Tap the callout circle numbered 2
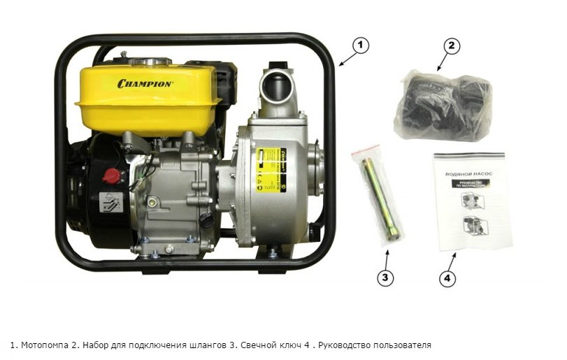tap(452, 47)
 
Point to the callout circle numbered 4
tap(447, 278)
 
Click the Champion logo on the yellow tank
tap(145, 83)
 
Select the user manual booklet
tap(468, 201)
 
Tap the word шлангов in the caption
tap(190, 345)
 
